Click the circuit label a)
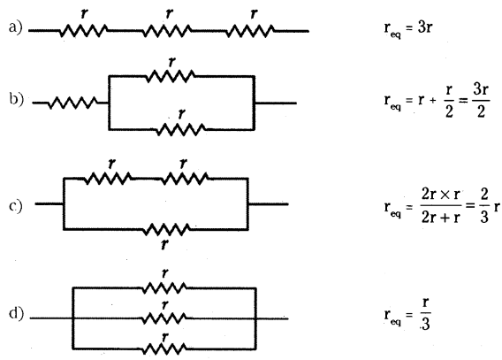15,27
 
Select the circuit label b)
16,99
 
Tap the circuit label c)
16,205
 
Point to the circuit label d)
16,314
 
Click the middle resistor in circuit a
167,31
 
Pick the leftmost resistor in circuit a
83,31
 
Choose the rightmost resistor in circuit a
250,31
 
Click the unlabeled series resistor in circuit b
73,103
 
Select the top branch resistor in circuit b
171,76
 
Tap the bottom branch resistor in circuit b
181,129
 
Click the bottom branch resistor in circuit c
166,229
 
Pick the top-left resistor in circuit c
108,178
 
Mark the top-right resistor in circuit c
184,178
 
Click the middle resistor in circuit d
164,318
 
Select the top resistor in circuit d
164,288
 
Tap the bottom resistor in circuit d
164,349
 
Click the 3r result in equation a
425,28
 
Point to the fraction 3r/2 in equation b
481,101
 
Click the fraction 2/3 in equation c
484,205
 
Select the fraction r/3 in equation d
425,314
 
